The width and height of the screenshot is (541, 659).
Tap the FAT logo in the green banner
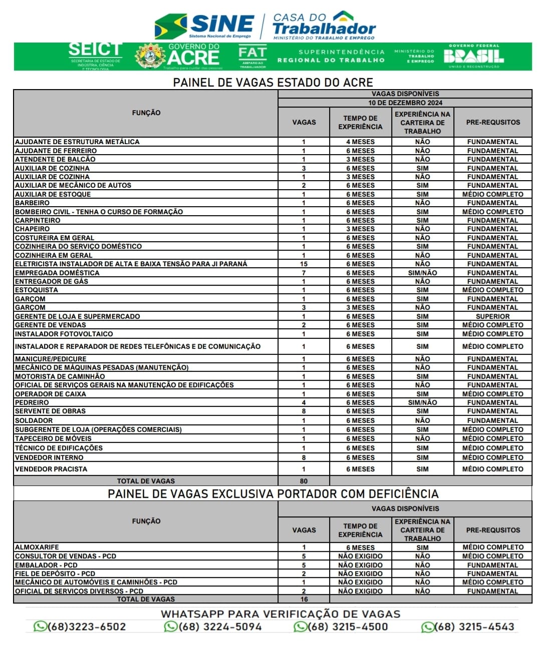point(252,56)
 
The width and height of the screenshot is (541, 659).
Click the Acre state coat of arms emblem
point(149,56)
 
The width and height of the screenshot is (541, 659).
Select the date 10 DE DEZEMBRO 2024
point(405,103)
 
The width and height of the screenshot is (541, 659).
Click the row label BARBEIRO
point(33,203)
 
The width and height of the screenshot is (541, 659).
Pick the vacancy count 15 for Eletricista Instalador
point(304,264)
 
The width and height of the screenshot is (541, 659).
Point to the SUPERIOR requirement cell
point(492,317)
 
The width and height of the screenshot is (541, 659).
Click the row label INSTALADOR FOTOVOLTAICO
point(64,334)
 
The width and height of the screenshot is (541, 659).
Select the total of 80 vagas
point(304,481)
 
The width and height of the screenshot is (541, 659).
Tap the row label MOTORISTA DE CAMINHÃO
point(60,377)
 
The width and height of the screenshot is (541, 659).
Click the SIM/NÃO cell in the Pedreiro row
point(422,403)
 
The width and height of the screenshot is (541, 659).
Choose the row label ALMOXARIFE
point(37,547)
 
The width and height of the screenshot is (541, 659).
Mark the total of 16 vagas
point(304,599)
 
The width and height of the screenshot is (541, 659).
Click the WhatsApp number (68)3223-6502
point(80,627)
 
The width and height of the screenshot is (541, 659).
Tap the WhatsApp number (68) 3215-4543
point(468,627)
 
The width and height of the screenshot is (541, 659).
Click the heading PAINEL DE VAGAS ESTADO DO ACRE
point(273,83)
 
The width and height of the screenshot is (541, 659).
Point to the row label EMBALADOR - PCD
point(46,565)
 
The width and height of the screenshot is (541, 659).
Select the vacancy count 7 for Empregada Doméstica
point(304,273)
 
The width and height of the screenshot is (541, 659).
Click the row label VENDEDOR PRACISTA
point(51,469)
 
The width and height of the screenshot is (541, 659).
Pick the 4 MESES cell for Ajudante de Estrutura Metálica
point(360,142)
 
